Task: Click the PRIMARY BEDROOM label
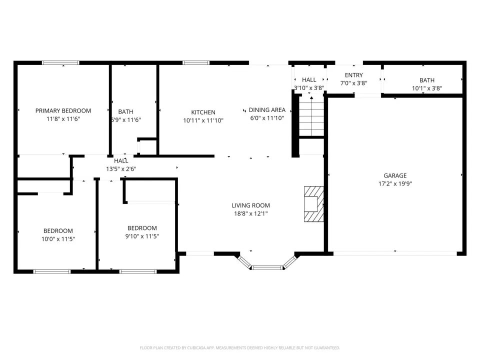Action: (63, 111)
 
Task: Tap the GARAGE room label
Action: (395, 175)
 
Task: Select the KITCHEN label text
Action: (203, 112)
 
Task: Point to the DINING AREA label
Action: (267, 110)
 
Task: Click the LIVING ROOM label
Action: (250, 205)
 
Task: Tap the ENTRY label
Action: (354, 75)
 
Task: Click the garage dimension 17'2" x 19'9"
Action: (395, 183)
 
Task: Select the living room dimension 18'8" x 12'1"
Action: (250, 213)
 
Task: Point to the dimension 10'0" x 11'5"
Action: (58, 239)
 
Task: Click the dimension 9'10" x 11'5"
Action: (142, 236)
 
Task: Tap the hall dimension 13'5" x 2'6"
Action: (121, 168)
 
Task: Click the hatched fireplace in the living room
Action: (314, 204)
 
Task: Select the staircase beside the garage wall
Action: (311, 116)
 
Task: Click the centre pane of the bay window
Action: (267, 268)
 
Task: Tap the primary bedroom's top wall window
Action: (60, 63)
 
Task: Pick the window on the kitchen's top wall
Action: (196, 63)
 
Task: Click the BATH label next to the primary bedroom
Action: (125, 111)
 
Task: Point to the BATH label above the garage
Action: (427, 80)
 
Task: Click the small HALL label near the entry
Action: (309, 80)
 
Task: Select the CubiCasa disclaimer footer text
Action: (239, 348)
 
